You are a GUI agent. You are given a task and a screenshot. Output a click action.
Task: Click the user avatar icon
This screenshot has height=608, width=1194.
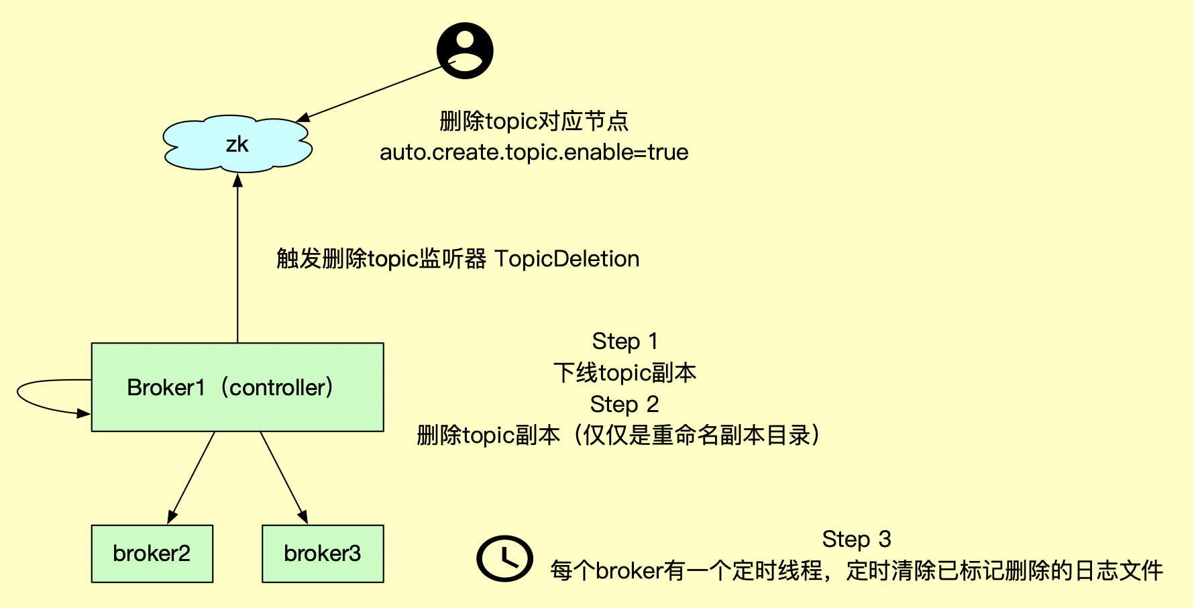click(x=465, y=51)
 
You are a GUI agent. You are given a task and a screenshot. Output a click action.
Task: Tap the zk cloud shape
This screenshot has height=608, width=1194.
click(x=237, y=144)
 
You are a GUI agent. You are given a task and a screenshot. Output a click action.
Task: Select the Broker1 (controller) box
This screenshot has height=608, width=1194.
click(x=237, y=387)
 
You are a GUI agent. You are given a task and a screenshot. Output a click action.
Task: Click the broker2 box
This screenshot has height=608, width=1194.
click(x=152, y=554)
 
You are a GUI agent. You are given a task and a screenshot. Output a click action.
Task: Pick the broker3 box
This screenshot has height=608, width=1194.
click(x=323, y=554)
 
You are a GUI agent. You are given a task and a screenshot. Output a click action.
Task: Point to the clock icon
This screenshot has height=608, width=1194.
click(x=504, y=558)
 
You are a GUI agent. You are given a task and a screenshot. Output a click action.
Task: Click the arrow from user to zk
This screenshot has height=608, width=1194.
click(x=369, y=93)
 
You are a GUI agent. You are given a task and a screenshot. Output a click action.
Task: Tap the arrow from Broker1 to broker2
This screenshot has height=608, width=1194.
click(x=192, y=476)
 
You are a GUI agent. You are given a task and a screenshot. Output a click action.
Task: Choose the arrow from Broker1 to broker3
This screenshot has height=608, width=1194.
click(x=283, y=476)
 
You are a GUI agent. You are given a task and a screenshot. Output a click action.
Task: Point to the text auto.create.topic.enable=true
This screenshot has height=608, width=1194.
click(x=534, y=152)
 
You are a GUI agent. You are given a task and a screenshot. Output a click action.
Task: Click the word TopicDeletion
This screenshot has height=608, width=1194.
click(x=567, y=259)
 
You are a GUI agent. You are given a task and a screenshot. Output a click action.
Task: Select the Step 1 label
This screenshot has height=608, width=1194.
click(x=625, y=342)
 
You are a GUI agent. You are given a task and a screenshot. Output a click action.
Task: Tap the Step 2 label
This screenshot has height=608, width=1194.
click(x=625, y=405)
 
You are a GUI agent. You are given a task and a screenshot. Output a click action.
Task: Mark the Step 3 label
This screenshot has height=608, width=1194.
click(x=857, y=539)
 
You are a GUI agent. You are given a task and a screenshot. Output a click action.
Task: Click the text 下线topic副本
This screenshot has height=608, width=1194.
click(x=625, y=373)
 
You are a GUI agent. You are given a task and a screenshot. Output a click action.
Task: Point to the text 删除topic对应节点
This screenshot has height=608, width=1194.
click(x=534, y=121)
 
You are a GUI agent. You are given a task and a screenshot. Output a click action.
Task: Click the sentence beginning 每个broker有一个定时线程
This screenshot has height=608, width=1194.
click(x=857, y=570)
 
